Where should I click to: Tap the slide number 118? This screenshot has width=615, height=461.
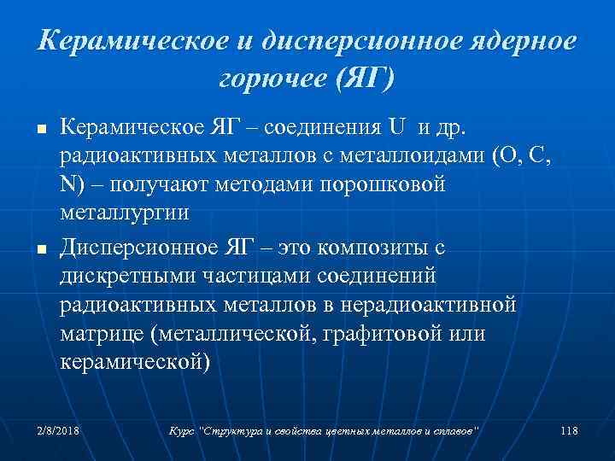[x=570, y=431]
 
